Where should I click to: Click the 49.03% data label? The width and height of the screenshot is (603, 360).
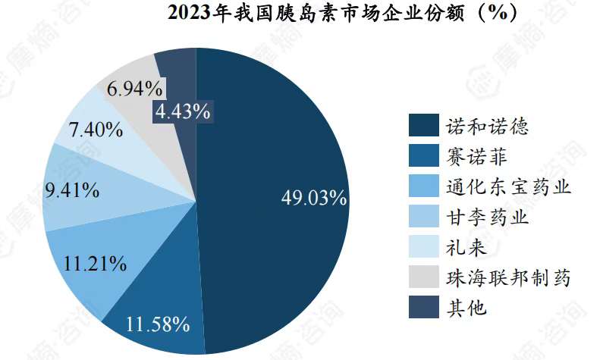pyautogui.click(x=314, y=199)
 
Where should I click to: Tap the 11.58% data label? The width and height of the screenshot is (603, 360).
pyautogui.click(x=157, y=325)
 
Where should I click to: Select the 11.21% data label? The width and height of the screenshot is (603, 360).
pyautogui.click(x=96, y=264)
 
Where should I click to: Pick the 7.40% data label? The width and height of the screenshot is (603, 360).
pyautogui.click(x=96, y=130)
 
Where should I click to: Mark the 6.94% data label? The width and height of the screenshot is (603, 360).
pyautogui.click(x=134, y=89)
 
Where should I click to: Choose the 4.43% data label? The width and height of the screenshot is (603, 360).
pyautogui.click(x=183, y=112)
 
